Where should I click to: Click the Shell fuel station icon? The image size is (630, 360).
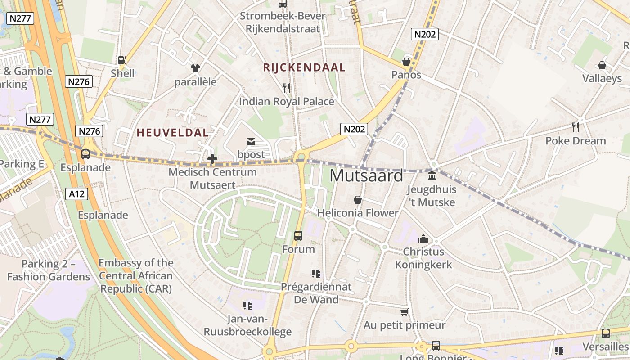(121, 60)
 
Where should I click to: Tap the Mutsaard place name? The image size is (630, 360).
(366, 175)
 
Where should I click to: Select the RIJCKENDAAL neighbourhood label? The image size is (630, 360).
(304, 67)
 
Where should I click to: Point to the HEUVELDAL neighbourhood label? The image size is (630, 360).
(173, 133)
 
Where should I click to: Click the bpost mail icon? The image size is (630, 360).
(251, 142)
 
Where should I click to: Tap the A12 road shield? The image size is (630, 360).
(76, 194)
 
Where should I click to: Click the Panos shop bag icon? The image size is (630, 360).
(406, 62)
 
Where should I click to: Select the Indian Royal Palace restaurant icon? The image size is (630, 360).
(287, 88)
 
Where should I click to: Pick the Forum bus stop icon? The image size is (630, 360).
(298, 235)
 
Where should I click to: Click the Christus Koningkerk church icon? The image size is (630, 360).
(423, 238)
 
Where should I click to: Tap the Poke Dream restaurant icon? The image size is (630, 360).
(576, 127)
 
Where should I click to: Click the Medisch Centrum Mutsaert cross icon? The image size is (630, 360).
(212, 158)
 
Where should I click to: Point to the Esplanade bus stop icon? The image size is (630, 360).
(85, 154)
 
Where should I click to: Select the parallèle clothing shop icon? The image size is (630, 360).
(195, 68)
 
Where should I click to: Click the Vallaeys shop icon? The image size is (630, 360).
(602, 65)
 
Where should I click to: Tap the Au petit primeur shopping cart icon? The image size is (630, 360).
(404, 312)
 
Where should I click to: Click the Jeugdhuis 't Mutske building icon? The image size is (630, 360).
(432, 175)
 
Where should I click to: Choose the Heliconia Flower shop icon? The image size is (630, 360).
(358, 199)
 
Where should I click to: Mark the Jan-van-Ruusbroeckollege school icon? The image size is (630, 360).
(247, 306)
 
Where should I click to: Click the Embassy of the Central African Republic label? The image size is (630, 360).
(136, 276)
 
